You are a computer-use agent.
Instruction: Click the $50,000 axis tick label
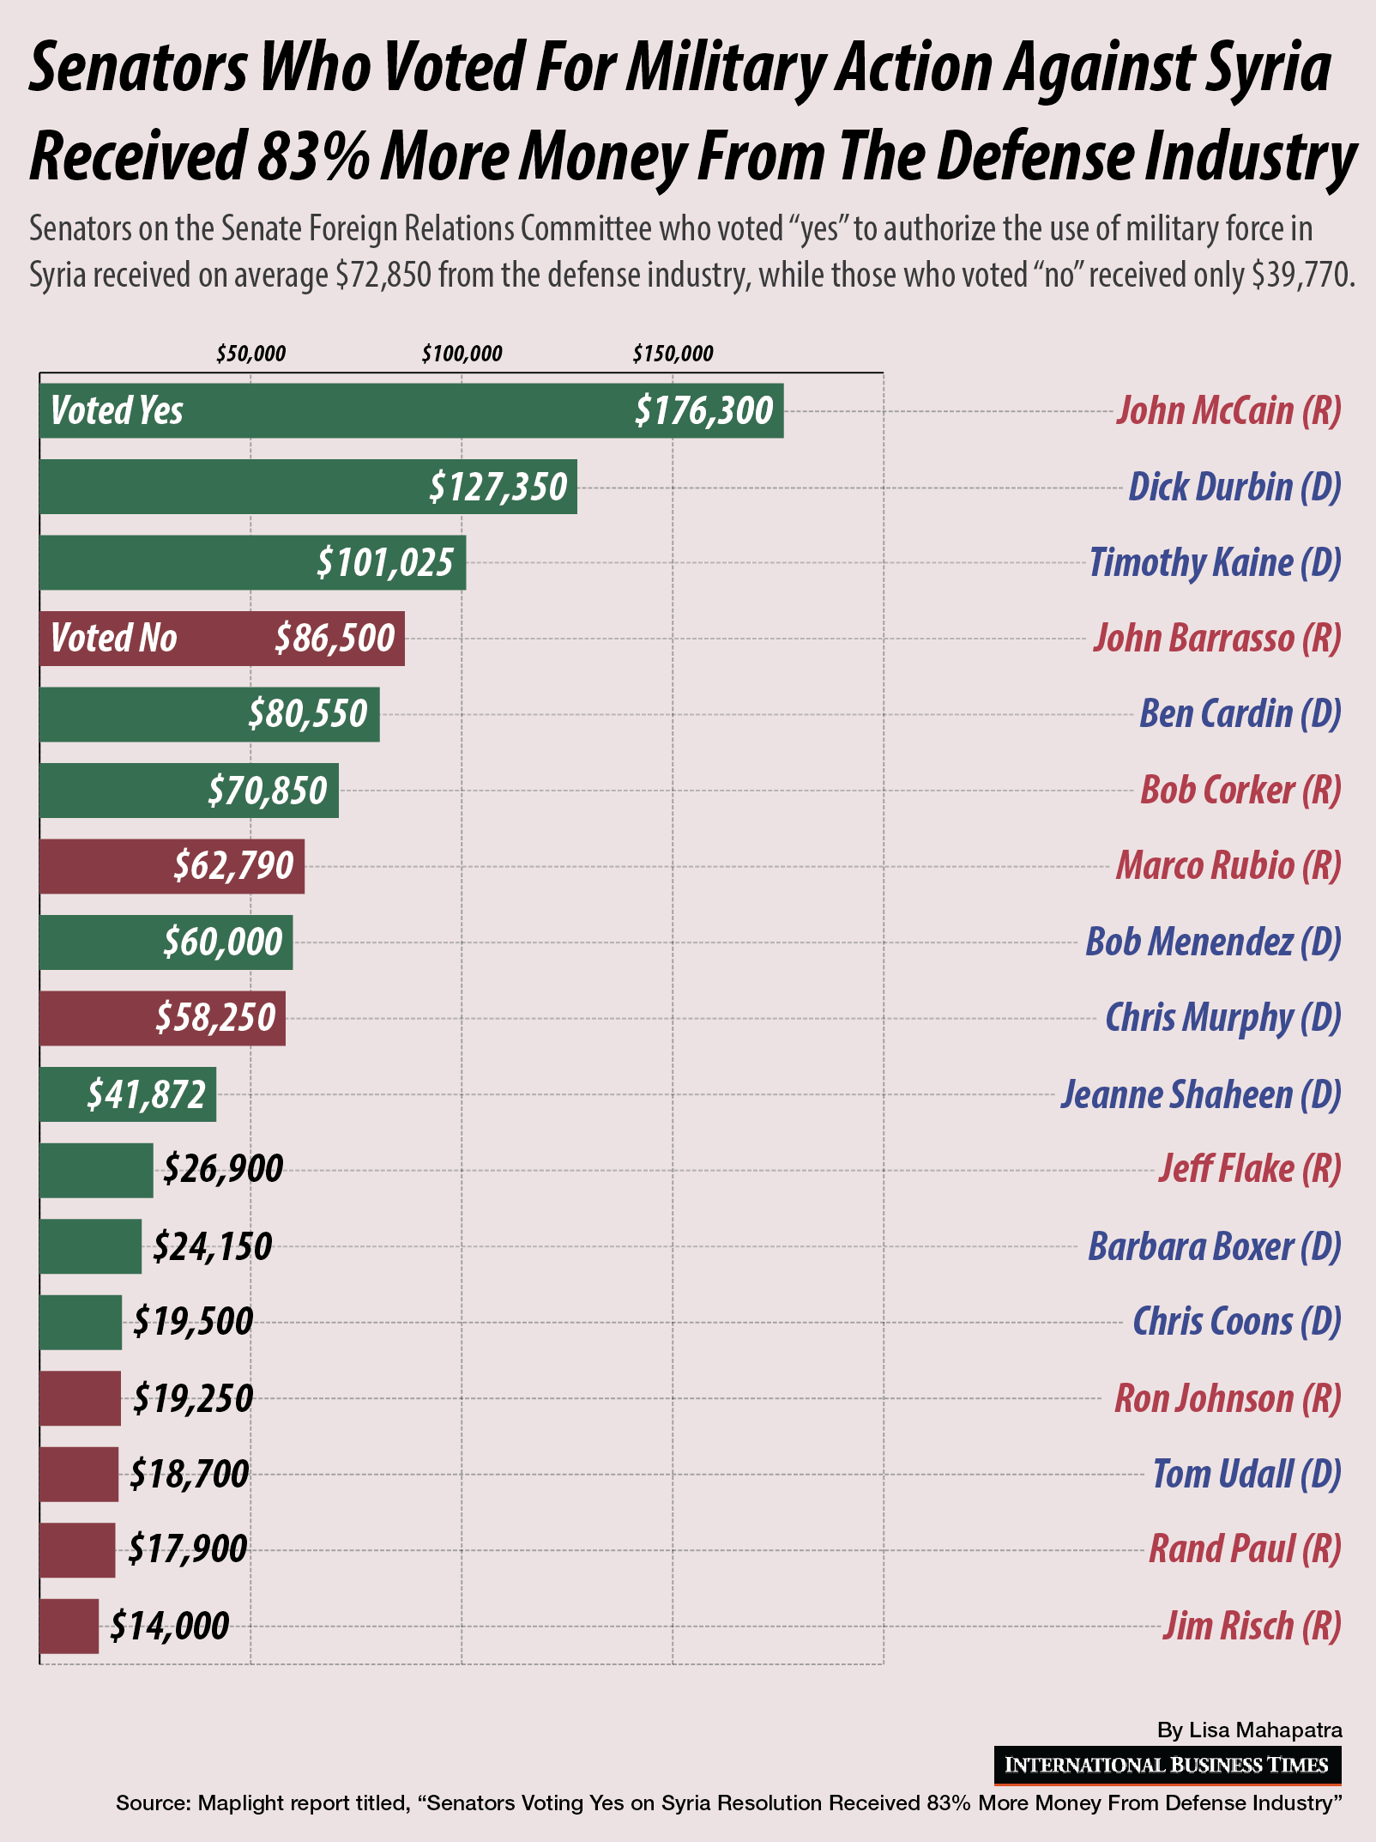pos(250,354)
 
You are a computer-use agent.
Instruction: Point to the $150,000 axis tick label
pos(673,354)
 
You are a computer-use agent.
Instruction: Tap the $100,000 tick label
pos(462,354)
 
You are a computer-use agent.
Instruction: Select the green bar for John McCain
pos(412,410)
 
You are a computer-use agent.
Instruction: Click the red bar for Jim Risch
pos(69,1626)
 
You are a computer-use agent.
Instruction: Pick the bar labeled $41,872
pos(128,1094)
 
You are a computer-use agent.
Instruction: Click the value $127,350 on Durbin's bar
pos(498,487)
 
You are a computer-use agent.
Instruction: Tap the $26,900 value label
pos(223,1169)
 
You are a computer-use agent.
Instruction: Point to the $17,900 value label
pos(188,1549)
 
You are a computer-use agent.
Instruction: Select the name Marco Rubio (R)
pos(1228,865)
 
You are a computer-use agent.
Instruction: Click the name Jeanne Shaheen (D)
pos(1201,1094)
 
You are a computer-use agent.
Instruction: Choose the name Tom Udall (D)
pos(1246,1474)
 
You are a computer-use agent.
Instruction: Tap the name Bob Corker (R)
pos(1240,790)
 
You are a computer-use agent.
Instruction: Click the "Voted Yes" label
pos(117,410)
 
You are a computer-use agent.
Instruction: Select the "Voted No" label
pos(113,638)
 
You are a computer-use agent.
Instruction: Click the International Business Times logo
pos(1167,1765)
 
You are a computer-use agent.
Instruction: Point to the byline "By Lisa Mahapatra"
pos(1249,1730)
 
